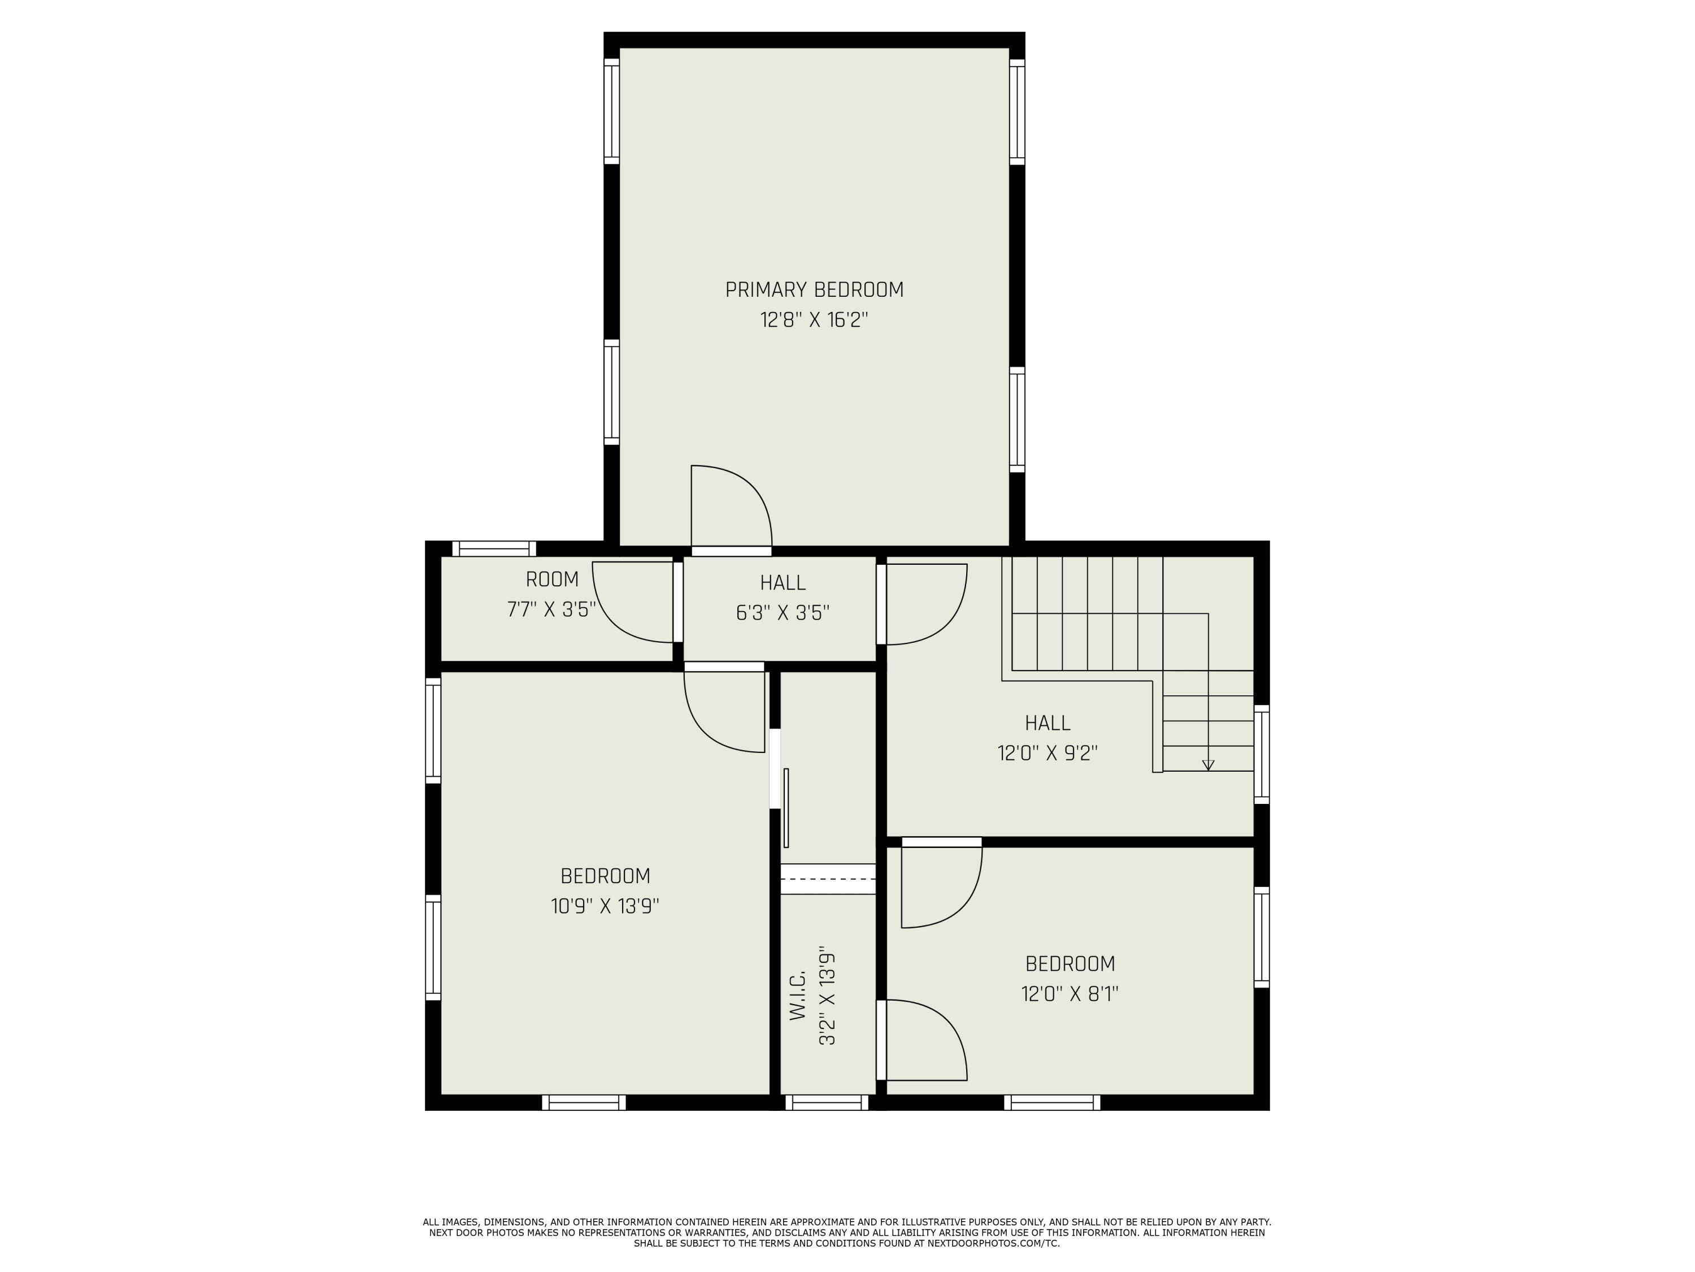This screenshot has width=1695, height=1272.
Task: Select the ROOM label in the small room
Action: [x=551, y=579]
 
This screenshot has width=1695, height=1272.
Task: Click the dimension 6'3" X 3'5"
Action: [x=783, y=613]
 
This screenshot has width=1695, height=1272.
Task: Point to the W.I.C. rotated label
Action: [x=798, y=995]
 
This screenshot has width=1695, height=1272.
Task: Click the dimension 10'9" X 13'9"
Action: [x=605, y=906]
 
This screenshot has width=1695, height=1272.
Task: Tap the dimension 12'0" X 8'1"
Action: [x=1069, y=994]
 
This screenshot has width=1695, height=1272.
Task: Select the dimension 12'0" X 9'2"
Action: [x=1047, y=753]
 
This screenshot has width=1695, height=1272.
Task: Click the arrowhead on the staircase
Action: [x=1209, y=764]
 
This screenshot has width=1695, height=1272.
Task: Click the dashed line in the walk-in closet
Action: [x=828, y=879]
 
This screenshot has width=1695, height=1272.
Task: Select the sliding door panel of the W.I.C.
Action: [x=786, y=807]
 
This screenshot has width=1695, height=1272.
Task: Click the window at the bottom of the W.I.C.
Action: [x=827, y=1102]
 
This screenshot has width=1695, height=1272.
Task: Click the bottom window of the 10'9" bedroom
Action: [x=584, y=1102]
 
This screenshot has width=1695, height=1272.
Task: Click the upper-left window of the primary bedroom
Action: [x=611, y=111]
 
